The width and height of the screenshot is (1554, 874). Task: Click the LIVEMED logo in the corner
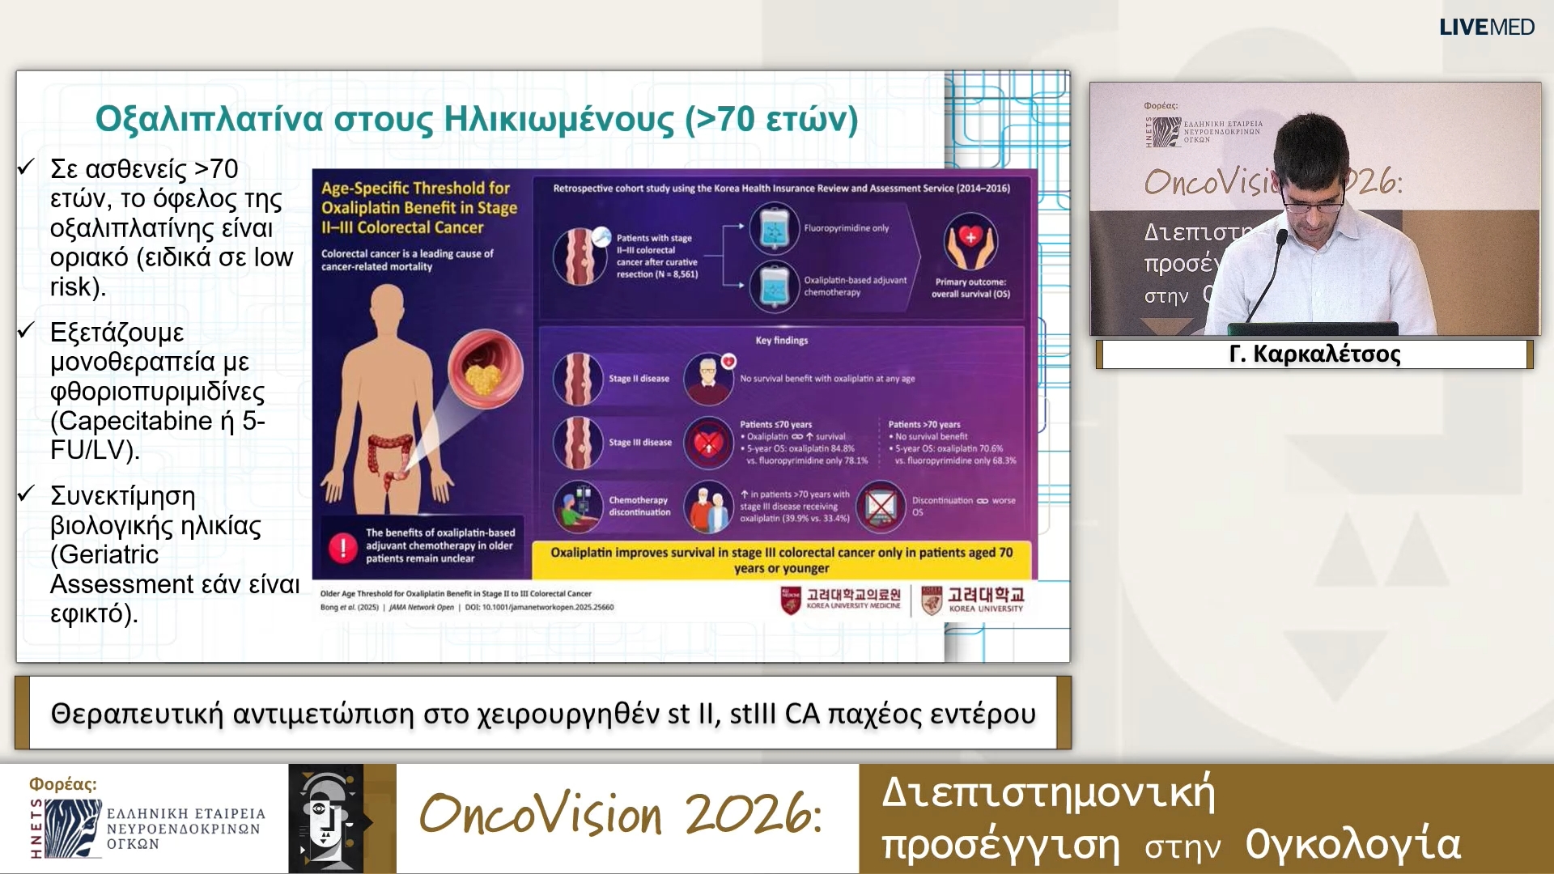click(x=1486, y=27)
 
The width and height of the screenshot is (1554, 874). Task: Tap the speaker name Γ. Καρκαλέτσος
click(x=1314, y=354)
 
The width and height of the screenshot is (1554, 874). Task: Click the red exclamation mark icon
click(x=342, y=548)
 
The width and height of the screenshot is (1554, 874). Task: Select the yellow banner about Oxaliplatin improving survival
click(x=781, y=559)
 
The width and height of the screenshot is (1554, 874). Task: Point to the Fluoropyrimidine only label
click(x=846, y=228)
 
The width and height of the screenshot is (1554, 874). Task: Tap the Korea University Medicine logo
click(x=842, y=600)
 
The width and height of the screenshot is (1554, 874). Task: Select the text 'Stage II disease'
click(x=639, y=379)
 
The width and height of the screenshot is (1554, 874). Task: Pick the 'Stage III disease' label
click(x=639, y=443)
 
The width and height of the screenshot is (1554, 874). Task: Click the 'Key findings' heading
click(x=781, y=341)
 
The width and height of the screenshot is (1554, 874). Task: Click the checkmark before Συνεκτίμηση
click(x=27, y=494)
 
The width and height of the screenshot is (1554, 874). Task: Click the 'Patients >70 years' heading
click(x=923, y=425)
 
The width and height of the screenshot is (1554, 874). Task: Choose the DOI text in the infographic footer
click(x=539, y=607)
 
